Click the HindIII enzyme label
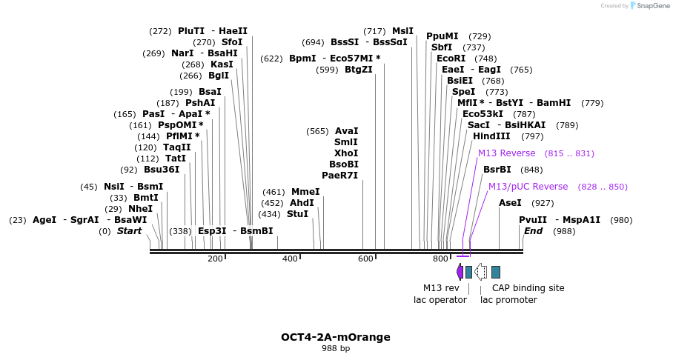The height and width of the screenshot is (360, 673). tap(491, 136)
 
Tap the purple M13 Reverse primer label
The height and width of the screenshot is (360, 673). tap(506, 153)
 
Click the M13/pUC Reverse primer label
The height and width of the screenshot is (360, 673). tap(528, 187)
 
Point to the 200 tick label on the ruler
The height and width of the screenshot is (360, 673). tap(215, 259)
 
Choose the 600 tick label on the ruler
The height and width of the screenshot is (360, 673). tap(365, 259)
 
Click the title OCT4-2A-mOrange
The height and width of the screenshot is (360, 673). tap(335, 337)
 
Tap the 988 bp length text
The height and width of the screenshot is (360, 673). tap(336, 348)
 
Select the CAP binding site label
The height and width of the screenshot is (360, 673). tap(528, 288)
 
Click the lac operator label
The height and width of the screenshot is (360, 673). tap(440, 300)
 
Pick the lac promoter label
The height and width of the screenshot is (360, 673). tap(508, 300)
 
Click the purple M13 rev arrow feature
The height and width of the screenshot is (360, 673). tap(460, 272)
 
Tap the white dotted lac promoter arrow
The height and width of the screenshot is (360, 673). tap(480, 272)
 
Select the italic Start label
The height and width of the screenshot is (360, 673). tap(129, 231)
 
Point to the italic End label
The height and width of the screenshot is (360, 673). tap(533, 231)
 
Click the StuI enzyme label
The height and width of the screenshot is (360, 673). tap(297, 215)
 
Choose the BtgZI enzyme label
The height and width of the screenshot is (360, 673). tap(359, 70)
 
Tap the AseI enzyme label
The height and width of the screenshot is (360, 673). tap(510, 203)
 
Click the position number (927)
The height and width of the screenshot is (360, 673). tap(543, 203)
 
